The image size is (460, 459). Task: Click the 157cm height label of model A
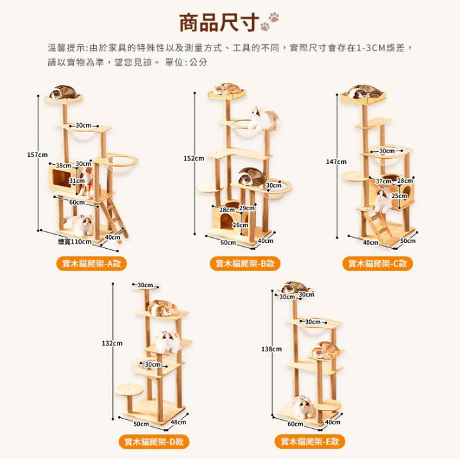pos(37,154)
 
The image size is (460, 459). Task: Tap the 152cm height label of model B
pos(194,158)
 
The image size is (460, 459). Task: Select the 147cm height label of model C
pos(336,162)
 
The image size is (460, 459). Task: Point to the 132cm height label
pos(112,343)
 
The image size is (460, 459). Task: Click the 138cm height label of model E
pos(271,349)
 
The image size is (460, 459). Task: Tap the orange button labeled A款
pos(92,263)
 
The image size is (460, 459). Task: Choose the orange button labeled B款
pos(245,263)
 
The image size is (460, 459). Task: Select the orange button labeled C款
pos(378,263)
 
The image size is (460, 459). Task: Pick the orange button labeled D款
pos(154,442)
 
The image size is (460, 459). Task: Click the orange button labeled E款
pos(310,442)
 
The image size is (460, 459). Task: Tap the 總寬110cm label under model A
pos(75,242)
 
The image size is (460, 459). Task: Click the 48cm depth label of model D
pos(178,422)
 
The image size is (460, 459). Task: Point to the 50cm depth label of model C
pos(408,240)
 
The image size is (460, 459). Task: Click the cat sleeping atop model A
pos(64,92)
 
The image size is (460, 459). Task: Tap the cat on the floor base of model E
pos(303,406)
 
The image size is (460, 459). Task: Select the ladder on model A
pos(114,216)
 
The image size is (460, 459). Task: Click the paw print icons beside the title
pos(269,21)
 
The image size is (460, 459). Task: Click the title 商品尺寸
pos(219,22)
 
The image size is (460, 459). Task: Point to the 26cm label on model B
pos(241,225)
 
